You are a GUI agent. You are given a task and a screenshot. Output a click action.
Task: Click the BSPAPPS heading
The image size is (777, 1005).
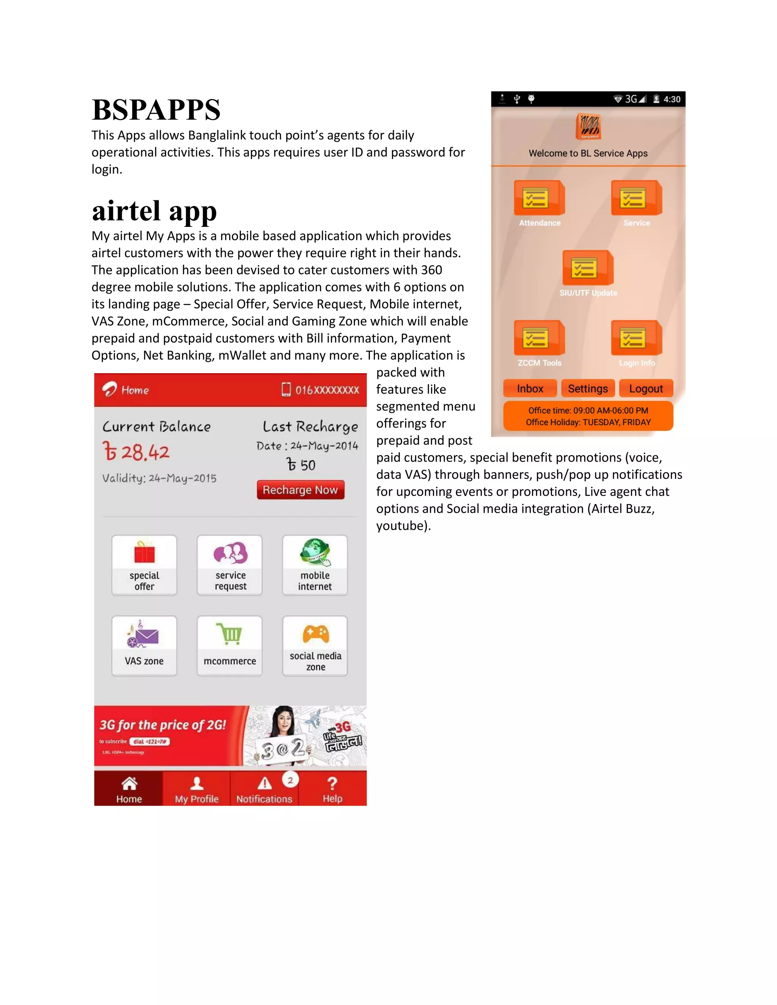point(156,110)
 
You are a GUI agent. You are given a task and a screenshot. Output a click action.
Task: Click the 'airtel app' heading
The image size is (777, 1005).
point(154,211)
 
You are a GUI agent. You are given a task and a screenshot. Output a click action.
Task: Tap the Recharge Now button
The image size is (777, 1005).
point(300,490)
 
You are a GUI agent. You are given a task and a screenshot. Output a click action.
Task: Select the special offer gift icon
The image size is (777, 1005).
point(144,553)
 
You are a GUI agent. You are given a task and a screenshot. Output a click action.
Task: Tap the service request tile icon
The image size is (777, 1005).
point(230,553)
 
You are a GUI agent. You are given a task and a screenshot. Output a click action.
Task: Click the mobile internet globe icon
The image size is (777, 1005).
point(315,552)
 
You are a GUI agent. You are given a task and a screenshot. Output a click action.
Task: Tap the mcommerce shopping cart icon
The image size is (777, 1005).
point(230,634)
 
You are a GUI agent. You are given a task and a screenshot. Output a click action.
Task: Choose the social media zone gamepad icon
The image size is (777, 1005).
point(316,634)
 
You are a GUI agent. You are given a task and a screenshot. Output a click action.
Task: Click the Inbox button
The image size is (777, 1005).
point(530,388)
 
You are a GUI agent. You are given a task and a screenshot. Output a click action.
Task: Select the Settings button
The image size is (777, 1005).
point(588,388)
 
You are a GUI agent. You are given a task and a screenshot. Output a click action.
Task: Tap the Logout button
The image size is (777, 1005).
point(646,388)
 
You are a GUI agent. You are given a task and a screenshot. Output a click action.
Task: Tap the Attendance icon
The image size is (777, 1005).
point(539,198)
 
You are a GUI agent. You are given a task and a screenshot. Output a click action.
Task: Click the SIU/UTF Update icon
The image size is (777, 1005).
point(588,268)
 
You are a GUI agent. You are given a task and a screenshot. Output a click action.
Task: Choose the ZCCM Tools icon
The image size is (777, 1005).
point(539,338)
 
